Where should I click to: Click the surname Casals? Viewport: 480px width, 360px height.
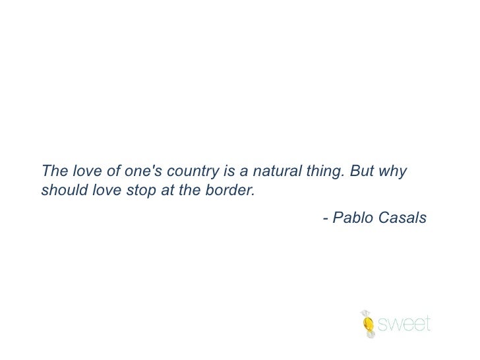402,218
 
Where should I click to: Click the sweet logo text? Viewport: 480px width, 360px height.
404,324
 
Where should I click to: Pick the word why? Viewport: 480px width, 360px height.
394,171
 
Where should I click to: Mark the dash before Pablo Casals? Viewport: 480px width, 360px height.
325,218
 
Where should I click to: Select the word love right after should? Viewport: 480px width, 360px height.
101,191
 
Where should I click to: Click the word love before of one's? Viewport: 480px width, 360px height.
85,171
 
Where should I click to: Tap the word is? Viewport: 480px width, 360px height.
229,171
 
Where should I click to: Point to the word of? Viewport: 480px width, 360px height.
112,171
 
